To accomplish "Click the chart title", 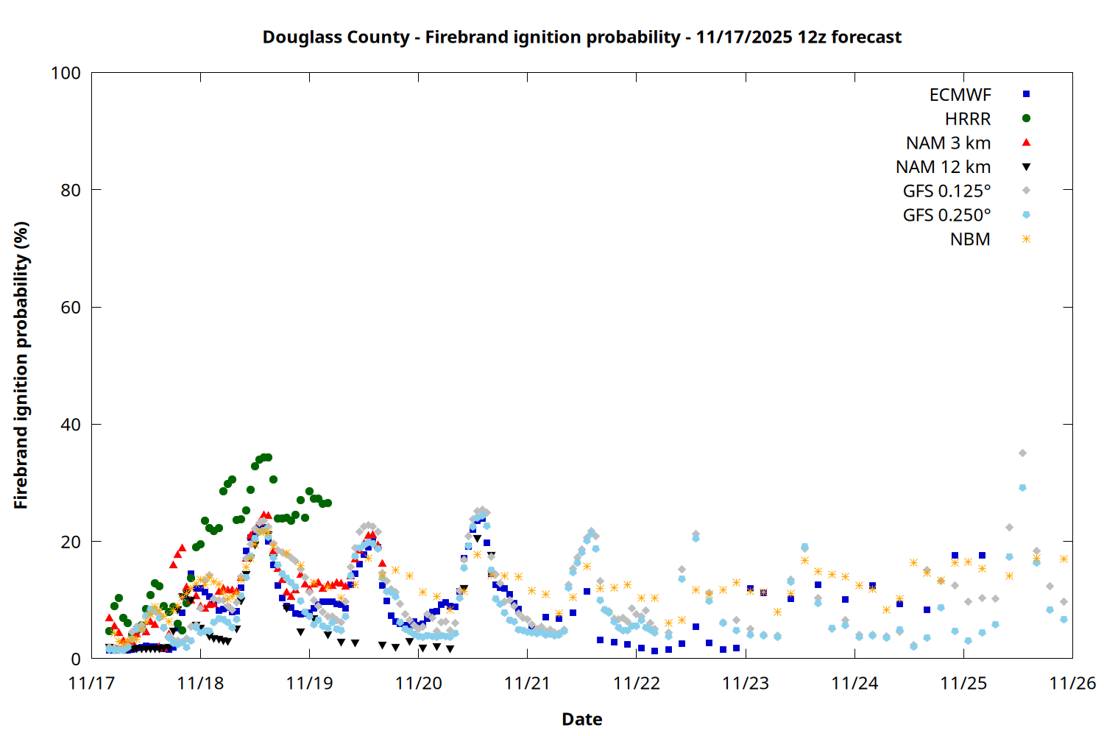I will pos(581,38).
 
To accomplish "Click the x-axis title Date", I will pos(581,719).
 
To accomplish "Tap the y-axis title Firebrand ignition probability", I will pos(21,365).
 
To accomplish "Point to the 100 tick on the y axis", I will pos(66,73).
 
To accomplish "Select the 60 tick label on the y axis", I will pos(71,308).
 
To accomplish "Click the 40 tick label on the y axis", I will pos(71,425).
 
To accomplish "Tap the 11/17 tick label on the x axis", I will pos(91,684).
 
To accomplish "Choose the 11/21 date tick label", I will pos(527,684).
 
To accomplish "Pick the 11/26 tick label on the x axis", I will pos(1072,684).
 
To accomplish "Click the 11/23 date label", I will pos(746,684).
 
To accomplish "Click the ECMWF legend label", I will pos(960,95).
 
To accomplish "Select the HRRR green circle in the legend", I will pos(1026,118).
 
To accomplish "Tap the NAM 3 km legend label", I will pos(948,143).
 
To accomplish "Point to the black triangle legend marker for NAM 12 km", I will pos(1026,167).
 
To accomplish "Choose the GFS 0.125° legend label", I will pos(946,191).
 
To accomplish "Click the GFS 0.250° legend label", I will pos(946,216).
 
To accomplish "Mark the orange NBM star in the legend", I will pos(1026,239).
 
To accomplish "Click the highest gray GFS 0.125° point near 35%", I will pos(1022,453).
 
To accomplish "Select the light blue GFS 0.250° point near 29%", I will pos(1022,488).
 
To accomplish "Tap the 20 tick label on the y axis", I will pos(71,542).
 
